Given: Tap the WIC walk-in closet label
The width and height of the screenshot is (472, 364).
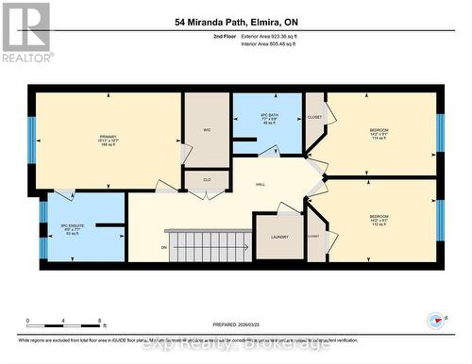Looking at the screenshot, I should point(207,130).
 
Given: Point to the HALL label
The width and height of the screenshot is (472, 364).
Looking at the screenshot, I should point(259,186).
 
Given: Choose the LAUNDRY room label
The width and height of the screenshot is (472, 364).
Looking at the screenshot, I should point(278,237).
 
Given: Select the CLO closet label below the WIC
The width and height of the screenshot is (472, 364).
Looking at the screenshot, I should point(207,179).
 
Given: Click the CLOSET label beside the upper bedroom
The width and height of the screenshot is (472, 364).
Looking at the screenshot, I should point(314,117).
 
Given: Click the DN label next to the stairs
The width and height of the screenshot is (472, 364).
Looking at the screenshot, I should point(163,248).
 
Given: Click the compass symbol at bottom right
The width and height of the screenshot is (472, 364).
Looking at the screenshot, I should point(435,321).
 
